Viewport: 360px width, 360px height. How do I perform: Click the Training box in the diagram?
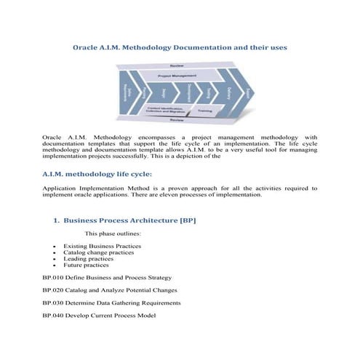(205, 111)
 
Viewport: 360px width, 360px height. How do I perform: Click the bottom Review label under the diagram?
(177, 121)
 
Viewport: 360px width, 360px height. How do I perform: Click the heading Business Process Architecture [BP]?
(129, 220)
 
